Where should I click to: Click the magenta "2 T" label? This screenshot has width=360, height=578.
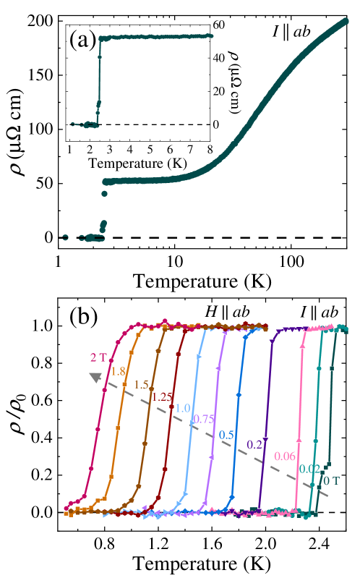(x=98, y=357)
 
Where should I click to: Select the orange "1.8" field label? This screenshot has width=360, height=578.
(x=117, y=371)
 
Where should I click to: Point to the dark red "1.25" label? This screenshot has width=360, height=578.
(x=162, y=396)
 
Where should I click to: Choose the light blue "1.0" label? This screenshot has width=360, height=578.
(x=182, y=408)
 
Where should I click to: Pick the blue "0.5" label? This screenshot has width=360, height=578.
(x=226, y=435)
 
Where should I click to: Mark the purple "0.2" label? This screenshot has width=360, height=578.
(x=254, y=444)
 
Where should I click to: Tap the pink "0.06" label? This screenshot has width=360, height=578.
(x=285, y=456)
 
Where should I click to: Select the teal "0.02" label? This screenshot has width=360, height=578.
(x=309, y=469)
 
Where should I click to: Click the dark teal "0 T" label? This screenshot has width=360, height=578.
(x=332, y=480)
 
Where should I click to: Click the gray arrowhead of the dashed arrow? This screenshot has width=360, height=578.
(x=95, y=377)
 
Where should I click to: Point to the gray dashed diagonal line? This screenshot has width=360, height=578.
(x=217, y=437)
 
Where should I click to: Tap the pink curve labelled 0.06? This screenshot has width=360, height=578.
(x=299, y=420)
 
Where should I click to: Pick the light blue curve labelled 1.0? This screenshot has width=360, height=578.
(x=190, y=434)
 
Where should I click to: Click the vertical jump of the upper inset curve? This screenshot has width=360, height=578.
(x=99, y=80)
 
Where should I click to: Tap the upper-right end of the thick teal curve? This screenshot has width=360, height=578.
(x=345, y=21)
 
